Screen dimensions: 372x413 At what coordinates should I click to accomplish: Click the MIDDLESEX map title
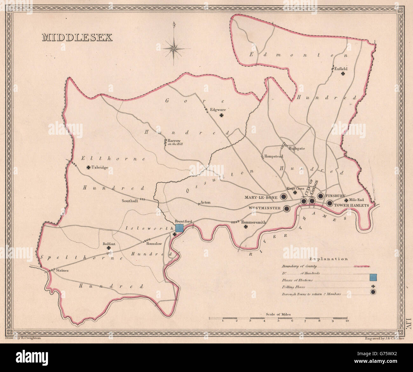click(77, 37)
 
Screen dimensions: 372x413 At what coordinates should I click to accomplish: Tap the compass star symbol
click(174, 48)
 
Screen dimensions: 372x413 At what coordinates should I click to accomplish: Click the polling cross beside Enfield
click(343, 74)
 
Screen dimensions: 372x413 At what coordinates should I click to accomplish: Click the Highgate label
click(297, 148)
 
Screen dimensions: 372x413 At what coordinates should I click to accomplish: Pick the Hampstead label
click(274, 156)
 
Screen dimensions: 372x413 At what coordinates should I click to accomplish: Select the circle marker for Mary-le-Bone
click(284, 197)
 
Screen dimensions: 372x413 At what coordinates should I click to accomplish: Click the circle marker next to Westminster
click(287, 208)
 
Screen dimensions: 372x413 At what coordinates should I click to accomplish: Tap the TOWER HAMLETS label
click(351, 206)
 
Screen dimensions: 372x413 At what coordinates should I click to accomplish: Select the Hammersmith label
click(253, 222)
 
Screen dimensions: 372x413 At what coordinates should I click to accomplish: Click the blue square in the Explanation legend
click(373, 277)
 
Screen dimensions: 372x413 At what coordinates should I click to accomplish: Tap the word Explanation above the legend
click(328, 259)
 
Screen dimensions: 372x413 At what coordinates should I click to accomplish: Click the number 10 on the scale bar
click(347, 321)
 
